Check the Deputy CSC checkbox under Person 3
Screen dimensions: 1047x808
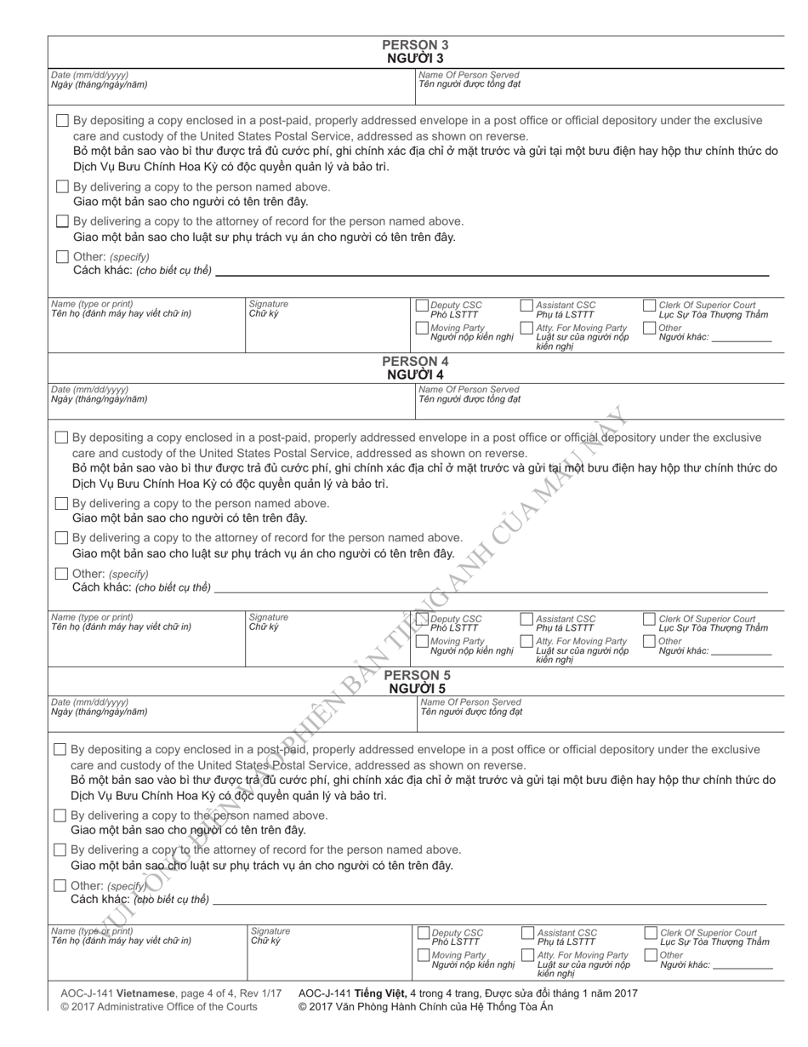click(423, 306)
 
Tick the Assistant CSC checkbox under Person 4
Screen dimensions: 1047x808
click(526, 620)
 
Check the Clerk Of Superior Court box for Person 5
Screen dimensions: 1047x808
click(652, 933)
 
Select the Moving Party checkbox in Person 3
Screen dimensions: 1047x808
click(423, 328)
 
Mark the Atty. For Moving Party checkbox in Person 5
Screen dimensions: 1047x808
click(528, 955)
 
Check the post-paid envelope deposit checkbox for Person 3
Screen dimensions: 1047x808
click(62, 121)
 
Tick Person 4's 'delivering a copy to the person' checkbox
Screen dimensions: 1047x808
click(61, 503)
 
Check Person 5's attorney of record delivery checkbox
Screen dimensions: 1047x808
click(60, 850)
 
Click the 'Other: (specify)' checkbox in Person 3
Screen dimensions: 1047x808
click(62, 256)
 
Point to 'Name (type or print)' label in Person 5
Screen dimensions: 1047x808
click(92, 930)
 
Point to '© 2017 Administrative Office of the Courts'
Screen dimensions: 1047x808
click(159, 1007)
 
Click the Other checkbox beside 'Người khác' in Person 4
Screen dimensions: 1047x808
click(650, 641)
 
